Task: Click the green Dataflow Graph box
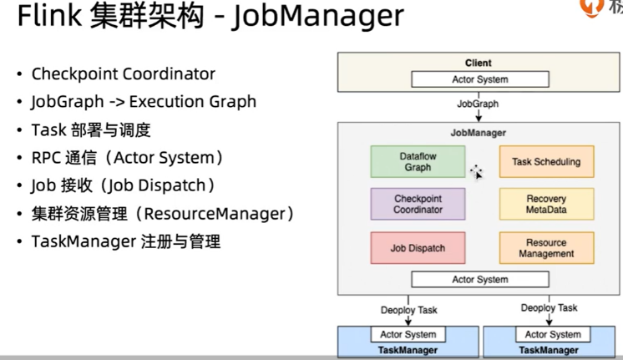418,161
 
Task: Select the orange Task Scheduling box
546,161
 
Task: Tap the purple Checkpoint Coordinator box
418,205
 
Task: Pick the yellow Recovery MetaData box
546,205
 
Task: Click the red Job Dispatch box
418,248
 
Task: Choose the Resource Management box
546,248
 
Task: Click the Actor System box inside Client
479,80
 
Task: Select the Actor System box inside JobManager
479,279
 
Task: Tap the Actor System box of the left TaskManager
408,335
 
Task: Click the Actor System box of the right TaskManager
552,335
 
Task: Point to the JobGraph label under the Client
479,104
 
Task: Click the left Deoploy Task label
409,309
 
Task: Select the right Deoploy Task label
549,307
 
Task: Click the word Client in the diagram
479,63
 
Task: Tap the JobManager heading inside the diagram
479,133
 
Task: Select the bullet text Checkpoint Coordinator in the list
123,74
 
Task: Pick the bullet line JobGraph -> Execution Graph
144,102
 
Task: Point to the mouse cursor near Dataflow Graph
476,172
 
